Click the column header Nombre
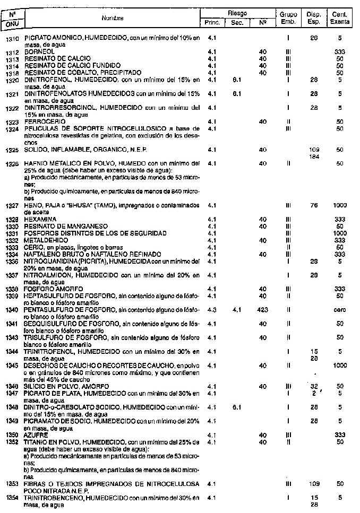click(113, 18)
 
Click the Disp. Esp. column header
click(313, 18)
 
